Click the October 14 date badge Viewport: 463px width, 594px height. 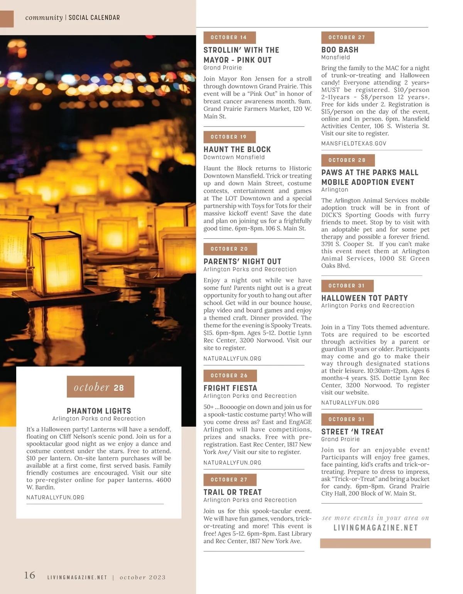[230, 37]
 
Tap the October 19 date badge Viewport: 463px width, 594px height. [230, 137]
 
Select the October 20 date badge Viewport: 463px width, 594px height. [230, 249]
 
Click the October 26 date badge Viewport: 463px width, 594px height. [230, 376]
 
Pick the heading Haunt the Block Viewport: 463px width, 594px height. [237, 149]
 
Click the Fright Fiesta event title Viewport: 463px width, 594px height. [230, 388]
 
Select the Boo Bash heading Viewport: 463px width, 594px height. [340, 50]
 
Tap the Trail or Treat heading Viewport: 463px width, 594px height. [233, 492]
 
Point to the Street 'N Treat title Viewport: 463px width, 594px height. [353, 432]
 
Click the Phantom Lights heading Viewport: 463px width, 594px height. [99, 411]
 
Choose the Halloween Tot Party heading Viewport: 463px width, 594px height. [365, 298]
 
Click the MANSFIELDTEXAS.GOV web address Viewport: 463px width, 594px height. [354, 144]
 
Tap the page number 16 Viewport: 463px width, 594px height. [30, 575]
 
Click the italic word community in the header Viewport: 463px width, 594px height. [44, 18]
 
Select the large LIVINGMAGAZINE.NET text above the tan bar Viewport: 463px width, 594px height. [376, 528]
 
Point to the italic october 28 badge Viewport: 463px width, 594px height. [100, 387]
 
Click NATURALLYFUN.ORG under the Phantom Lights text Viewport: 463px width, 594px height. [55, 498]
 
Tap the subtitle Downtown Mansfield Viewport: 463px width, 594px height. [234, 158]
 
